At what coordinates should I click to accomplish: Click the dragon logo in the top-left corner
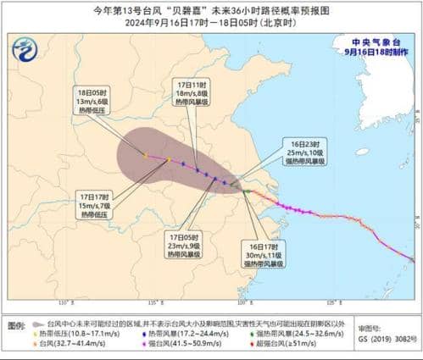25,51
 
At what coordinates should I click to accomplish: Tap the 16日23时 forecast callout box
282,155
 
